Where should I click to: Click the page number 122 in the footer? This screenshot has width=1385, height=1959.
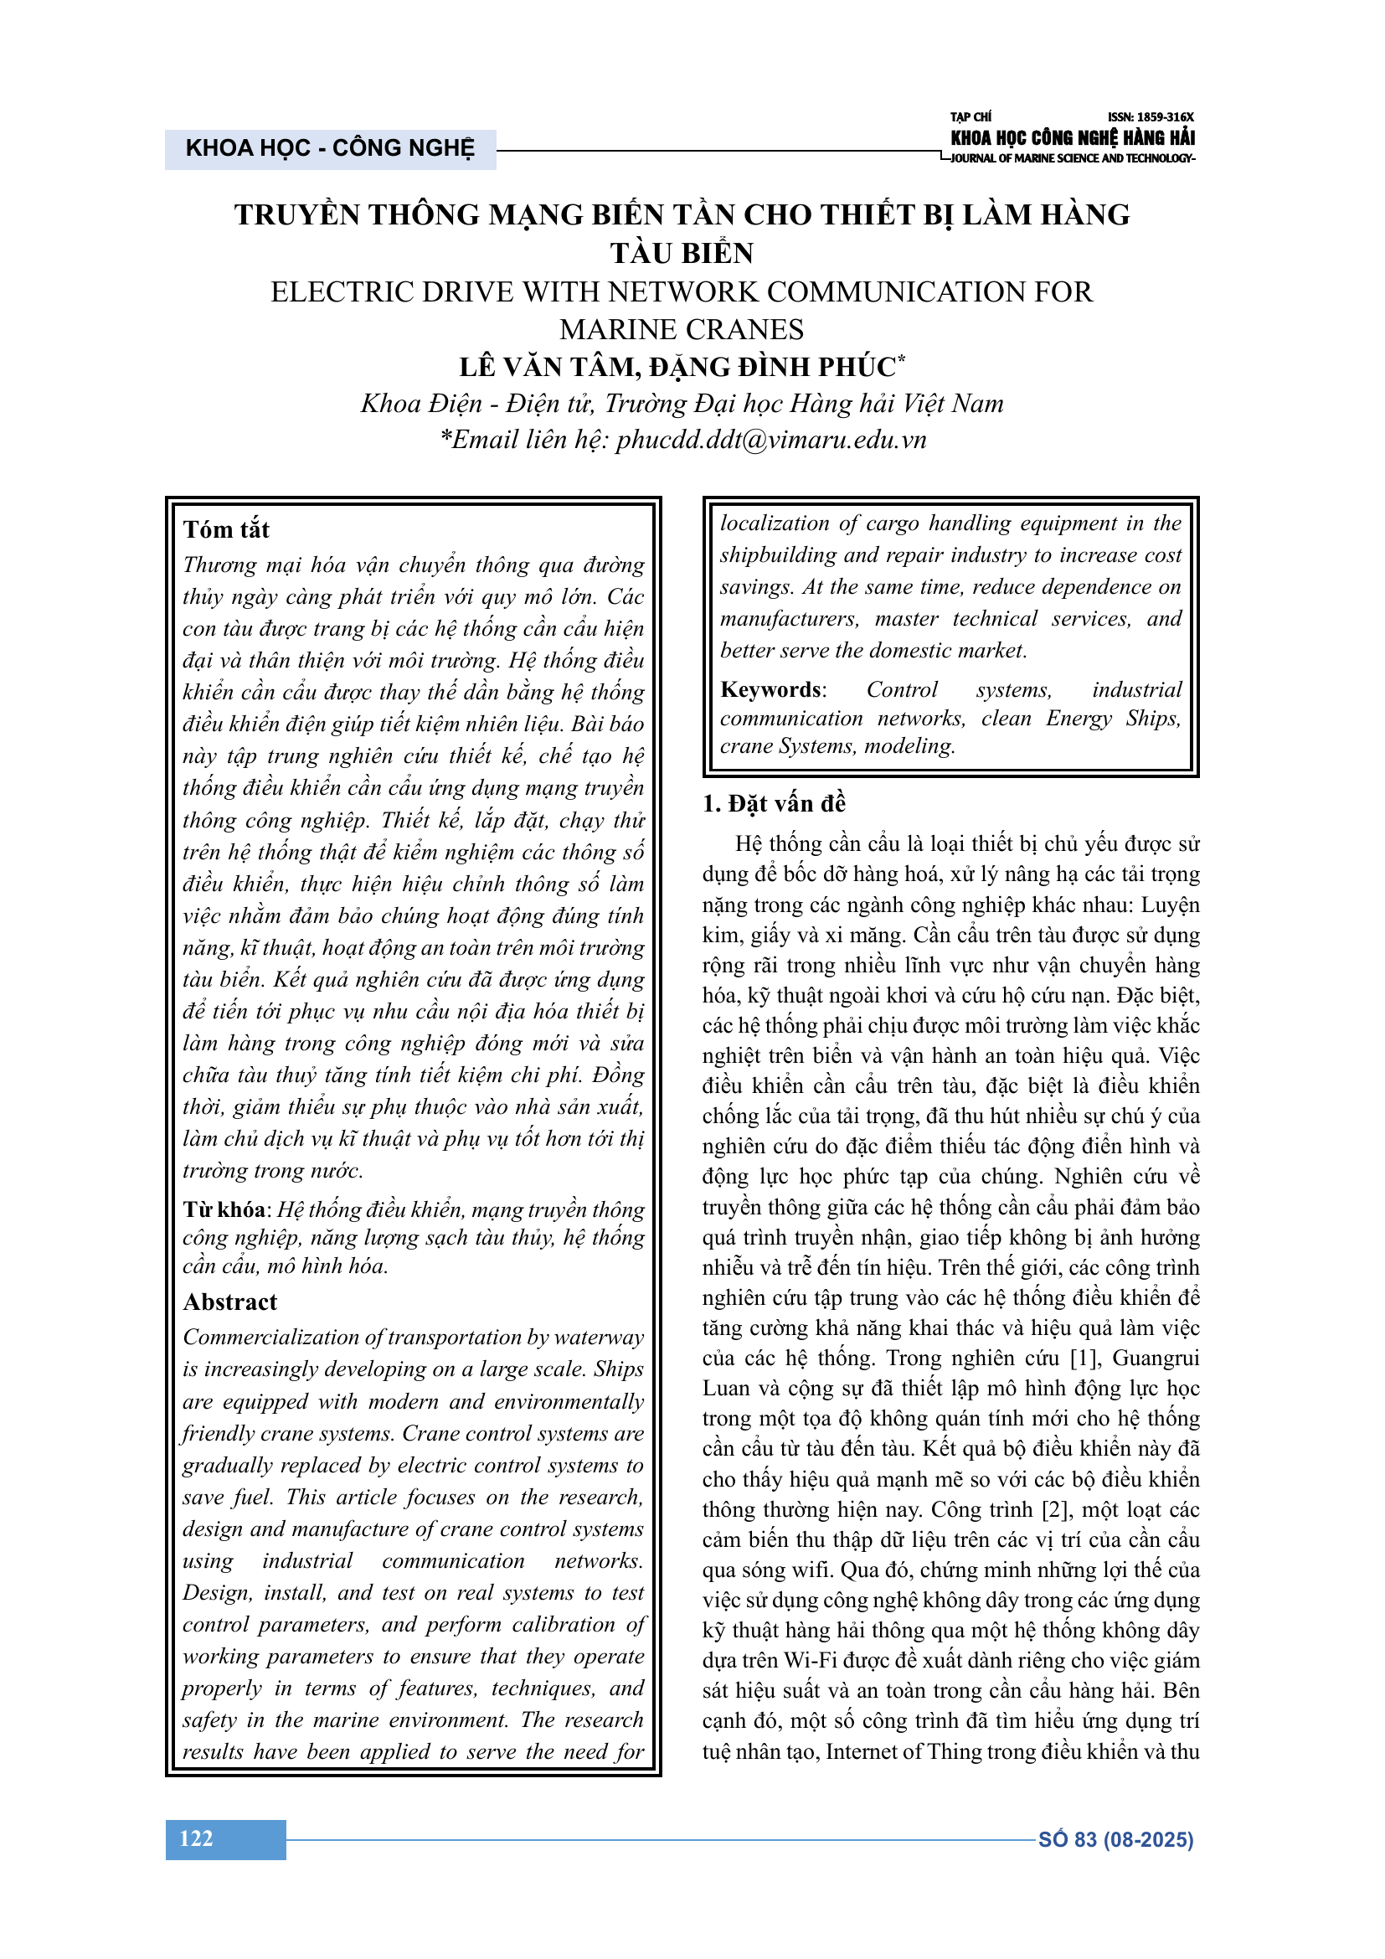[x=196, y=1838]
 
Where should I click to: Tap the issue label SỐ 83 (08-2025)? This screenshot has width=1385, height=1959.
[x=1115, y=1839]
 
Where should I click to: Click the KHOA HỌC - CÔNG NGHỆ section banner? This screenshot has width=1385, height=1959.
[x=330, y=148]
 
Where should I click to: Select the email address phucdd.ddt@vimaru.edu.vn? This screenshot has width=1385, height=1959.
[x=771, y=440]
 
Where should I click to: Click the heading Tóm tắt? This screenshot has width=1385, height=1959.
[x=226, y=530]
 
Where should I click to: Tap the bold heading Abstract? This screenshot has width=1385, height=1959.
[x=230, y=1302]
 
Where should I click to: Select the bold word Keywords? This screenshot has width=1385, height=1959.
[x=772, y=689]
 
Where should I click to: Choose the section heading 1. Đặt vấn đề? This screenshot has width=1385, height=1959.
[x=775, y=804]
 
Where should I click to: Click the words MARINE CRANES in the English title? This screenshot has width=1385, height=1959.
[x=682, y=330]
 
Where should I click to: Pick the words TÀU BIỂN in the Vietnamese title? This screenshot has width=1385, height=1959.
[x=682, y=254]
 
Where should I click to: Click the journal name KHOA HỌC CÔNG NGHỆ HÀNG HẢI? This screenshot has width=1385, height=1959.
[x=1072, y=137]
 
